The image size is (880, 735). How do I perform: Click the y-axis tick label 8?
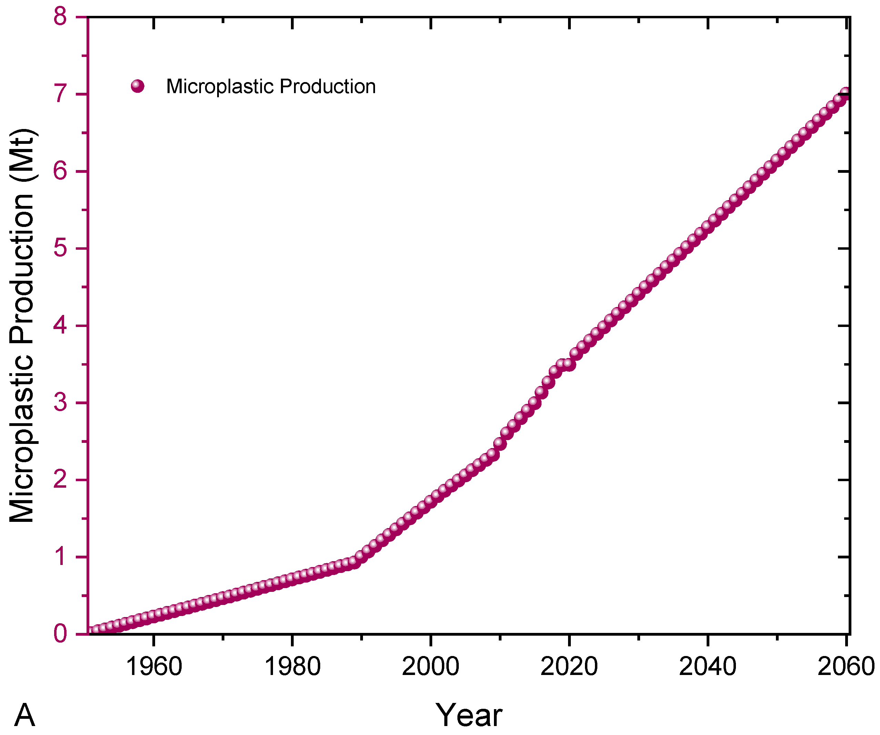tap(60, 18)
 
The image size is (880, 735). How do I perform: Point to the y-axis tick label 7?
tap(60, 94)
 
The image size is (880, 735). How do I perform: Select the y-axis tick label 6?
tap(60, 171)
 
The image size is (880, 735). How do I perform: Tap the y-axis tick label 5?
tap(60, 248)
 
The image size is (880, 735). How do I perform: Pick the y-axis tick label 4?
tap(60, 325)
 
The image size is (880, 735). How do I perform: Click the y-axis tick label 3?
tap(60, 403)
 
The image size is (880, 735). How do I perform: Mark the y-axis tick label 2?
tap(60, 480)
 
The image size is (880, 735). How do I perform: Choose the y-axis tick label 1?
tap(60, 557)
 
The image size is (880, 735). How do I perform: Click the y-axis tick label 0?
tap(60, 634)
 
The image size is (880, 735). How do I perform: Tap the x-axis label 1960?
tap(154, 666)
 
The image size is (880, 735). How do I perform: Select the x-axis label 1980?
tap(293, 666)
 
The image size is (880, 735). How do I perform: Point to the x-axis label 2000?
tap(431, 666)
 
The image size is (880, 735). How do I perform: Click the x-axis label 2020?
tap(569, 666)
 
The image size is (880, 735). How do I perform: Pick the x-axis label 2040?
tap(707, 666)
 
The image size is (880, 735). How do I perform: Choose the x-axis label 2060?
tap(846, 666)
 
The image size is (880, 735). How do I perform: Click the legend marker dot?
tap(138, 86)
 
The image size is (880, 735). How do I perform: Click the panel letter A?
tap(25, 715)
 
